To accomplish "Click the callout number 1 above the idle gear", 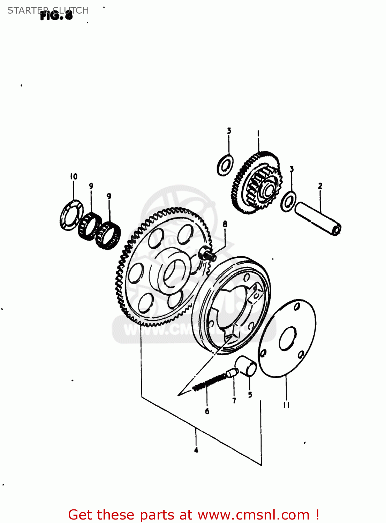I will tap(258, 133).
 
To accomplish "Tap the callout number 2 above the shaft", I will tap(320, 186).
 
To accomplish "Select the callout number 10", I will tap(74, 176).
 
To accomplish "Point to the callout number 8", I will tap(225, 224).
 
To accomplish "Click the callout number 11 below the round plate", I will tap(286, 405).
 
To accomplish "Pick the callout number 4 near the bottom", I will tap(196, 450).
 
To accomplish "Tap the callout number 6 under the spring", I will tap(207, 411).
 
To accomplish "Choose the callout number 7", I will tap(234, 401).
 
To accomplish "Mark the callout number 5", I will tap(250, 395).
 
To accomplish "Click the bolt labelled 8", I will tap(207, 253).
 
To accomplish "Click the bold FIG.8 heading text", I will tap(56, 15).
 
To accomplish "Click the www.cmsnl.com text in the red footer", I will tap(253, 515).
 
